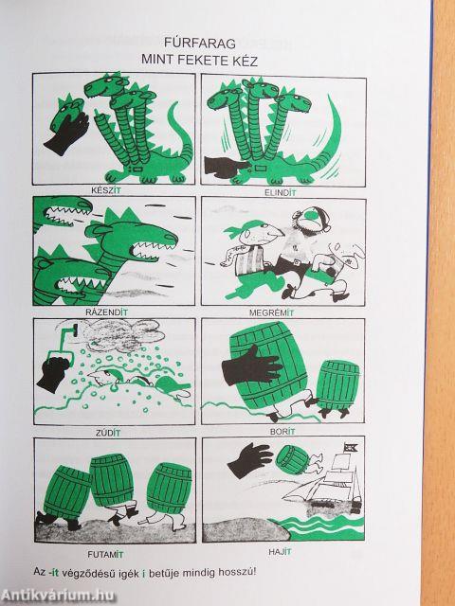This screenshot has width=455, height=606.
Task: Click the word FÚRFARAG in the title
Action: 200,43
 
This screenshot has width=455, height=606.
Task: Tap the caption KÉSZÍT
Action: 105,190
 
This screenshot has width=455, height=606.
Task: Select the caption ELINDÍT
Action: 281,192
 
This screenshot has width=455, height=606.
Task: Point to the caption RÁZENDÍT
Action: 106,312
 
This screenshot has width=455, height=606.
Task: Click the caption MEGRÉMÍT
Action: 271,312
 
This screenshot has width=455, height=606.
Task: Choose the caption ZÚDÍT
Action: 108,433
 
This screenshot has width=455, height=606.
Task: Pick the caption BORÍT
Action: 282,432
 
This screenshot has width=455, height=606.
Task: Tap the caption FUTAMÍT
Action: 105,555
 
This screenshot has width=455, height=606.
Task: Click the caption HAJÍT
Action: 281,552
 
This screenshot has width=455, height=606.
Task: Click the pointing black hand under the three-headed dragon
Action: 227,167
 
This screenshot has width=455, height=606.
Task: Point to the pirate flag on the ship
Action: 352,447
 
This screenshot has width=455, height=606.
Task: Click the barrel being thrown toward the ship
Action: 293,459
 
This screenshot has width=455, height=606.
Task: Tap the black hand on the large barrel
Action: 251,365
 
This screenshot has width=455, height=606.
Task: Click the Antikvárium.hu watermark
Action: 58,596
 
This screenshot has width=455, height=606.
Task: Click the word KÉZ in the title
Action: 246,61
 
